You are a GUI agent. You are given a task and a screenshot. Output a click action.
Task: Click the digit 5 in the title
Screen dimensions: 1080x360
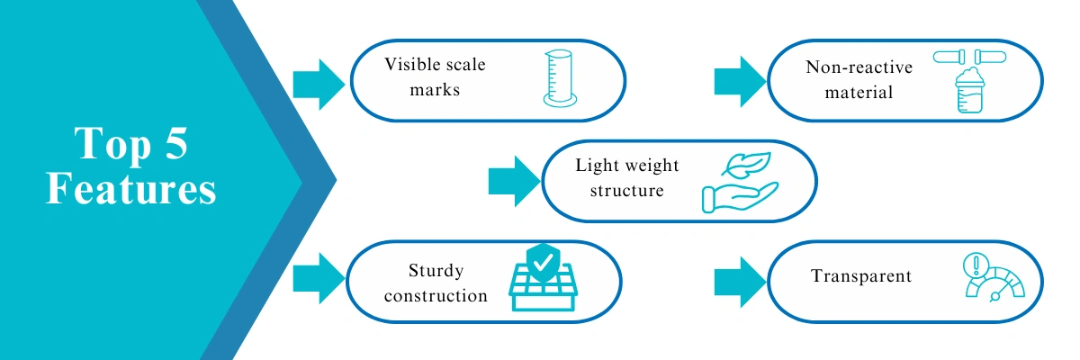[176, 143]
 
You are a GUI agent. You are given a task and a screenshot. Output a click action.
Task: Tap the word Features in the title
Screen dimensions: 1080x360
[131, 188]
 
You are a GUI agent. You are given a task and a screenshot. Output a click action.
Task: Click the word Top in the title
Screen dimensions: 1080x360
[112, 144]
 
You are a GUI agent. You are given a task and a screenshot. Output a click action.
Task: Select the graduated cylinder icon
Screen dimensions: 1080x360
[560, 78]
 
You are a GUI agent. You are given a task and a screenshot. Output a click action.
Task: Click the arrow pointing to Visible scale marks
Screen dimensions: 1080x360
[319, 85]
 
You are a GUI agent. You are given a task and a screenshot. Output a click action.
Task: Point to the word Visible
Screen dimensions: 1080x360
[412, 64]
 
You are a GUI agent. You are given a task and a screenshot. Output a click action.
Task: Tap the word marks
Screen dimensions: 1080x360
[435, 90]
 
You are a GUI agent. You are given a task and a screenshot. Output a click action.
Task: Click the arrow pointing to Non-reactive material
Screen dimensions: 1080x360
[740, 81]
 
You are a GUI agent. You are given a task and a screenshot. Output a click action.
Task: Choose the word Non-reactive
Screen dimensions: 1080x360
[859, 67]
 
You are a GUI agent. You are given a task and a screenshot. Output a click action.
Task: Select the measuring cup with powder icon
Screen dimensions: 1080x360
[969, 90]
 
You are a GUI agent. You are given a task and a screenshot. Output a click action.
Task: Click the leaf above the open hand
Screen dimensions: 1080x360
[746, 165]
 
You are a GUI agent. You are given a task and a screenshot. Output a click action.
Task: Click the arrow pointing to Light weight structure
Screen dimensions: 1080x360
[515, 181]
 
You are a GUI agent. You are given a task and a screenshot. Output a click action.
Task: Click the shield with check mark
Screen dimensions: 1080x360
[544, 263]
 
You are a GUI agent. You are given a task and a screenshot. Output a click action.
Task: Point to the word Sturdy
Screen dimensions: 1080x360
[436, 270]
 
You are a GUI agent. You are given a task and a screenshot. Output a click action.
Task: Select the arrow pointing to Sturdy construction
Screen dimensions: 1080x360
[319, 279]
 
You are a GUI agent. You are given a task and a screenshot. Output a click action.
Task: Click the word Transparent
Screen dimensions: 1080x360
[861, 276]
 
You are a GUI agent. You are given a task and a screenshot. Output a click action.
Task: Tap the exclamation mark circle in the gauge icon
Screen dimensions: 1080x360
[976, 265]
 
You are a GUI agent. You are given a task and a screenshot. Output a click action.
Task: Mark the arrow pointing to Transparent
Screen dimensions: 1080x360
[740, 282]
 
